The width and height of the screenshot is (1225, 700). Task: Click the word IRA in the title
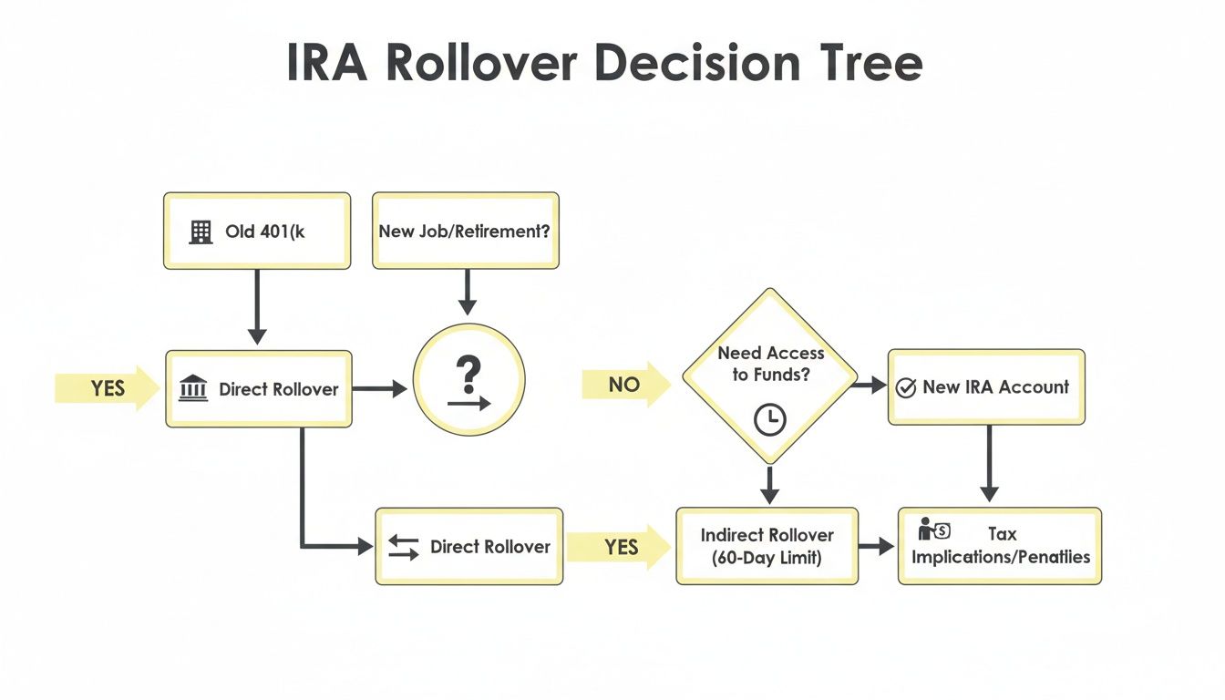click(327, 63)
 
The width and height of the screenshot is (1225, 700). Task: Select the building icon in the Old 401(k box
click(201, 232)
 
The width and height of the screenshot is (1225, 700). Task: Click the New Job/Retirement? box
click(465, 231)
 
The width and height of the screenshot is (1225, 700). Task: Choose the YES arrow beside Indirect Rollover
click(620, 547)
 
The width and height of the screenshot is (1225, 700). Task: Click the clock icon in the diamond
click(770, 418)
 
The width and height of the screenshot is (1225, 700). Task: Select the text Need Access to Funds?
click(770, 363)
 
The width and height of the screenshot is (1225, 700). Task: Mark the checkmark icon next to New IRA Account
click(906, 387)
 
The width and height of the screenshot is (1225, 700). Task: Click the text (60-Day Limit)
click(767, 558)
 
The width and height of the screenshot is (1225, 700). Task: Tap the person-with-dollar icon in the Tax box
click(934, 530)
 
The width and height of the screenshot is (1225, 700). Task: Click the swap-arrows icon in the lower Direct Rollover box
click(403, 547)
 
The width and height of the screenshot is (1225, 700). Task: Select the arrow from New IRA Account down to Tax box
click(989, 463)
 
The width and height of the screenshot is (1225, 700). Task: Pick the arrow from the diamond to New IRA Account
click(870, 386)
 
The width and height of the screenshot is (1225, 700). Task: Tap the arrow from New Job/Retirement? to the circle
click(467, 292)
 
